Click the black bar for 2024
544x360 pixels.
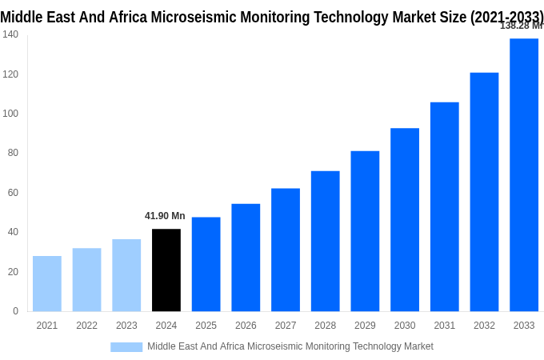click(x=166, y=270)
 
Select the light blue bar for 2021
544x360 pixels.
click(x=47, y=283)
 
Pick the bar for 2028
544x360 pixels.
click(x=325, y=241)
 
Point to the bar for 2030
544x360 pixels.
click(x=405, y=219)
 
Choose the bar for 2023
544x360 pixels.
click(x=126, y=275)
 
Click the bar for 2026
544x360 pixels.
click(x=246, y=257)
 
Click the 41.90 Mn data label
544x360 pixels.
click(x=165, y=216)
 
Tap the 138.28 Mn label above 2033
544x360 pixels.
click(x=521, y=26)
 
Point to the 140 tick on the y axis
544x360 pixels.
click(x=10, y=34)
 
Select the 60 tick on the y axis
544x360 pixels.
click(x=13, y=193)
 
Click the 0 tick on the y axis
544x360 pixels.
click(x=15, y=311)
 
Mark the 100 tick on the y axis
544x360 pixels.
click(x=10, y=114)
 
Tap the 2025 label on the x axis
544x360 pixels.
click(x=206, y=326)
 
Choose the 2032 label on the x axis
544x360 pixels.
click(x=484, y=326)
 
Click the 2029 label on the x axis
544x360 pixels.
click(x=365, y=326)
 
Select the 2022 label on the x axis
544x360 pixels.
click(x=86, y=326)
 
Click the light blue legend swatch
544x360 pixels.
click(x=126, y=347)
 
